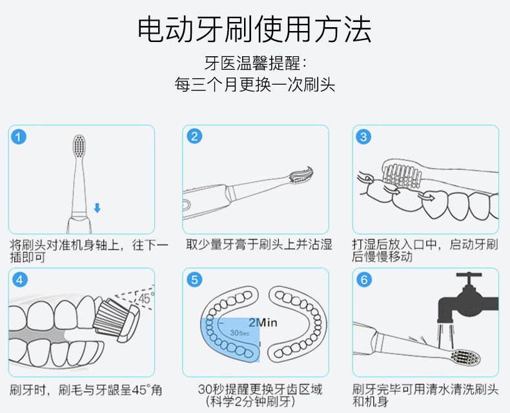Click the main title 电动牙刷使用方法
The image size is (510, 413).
click(x=255, y=29)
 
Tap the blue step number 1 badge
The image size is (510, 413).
click(x=20, y=136)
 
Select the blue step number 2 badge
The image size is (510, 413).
click(x=194, y=136)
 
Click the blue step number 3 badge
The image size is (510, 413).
click(x=364, y=136)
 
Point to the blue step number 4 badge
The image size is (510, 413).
click(x=20, y=280)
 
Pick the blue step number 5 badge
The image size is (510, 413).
click(x=194, y=280)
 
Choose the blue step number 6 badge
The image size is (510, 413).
click(x=364, y=280)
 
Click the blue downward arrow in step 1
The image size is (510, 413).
click(x=97, y=208)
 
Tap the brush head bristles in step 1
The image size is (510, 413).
click(x=79, y=146)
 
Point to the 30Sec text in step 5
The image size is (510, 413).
click(x=238, y=333)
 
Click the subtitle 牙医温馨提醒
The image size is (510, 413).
click(x=255, y=64)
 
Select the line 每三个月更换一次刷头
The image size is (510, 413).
click(x=255, y=85)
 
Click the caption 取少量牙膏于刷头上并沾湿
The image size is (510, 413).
click(x=259, y=245)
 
